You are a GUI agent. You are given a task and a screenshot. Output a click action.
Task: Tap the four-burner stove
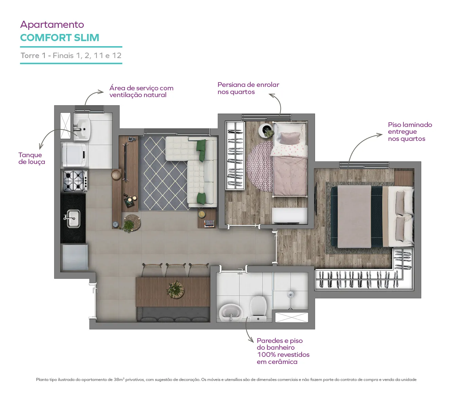pyautogui.click(x=75, y=181)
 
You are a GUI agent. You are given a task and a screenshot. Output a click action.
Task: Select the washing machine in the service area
pyautogui.click(x=74, y=154)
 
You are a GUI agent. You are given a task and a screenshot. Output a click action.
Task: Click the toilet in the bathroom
pyautogui.click(x=258, y=308)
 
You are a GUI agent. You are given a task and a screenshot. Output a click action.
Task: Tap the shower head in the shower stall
pyautogui.click(x=290, y=295)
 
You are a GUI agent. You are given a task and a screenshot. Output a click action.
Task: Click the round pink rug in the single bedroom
pyautogui.click(x=259, y=166)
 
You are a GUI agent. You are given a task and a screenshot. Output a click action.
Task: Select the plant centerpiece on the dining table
pyautogui.click(x=176, y=290)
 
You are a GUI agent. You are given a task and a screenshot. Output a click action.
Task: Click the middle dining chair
pyautogui.click(x=176, y=270)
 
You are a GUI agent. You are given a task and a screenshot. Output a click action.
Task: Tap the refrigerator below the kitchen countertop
pyautogui.click(x=75, y=257)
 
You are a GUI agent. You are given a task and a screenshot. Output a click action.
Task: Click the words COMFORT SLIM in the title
pyautogui.click(x=59, y=38)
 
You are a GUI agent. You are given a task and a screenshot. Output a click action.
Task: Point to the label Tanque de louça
pyautogui.click(x=32, y=158)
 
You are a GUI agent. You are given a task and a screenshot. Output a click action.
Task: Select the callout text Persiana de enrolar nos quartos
pyautogui.click(x=248, y=88)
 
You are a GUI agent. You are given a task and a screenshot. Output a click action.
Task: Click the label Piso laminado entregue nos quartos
pyautogui.click(x=410, y=131)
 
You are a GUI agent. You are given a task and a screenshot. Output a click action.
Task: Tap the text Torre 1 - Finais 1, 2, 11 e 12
pyautogui.click(x=71, y=55)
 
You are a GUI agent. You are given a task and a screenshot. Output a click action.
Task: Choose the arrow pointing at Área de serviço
pyautogui.click(x=91, y=95)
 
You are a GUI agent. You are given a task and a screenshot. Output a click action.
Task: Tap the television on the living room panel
pyautogui.click(x=126, y=162)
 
